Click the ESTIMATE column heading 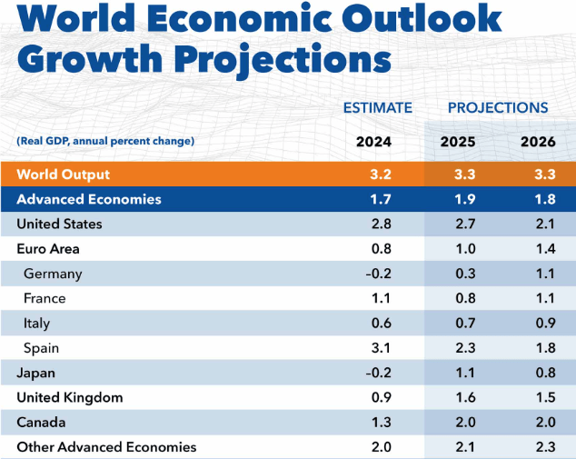click(x=377, y=108)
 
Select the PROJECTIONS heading click(x=498, y=108)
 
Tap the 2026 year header click(x=538, y=142)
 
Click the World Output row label click(x=64, y=175)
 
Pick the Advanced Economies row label click(x=89, y=199)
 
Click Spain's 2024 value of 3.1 click(x=381, y=348)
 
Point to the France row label click(x=45, y=298)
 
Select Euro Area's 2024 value click(x=381, y=249)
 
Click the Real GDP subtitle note click(x=104, y=141)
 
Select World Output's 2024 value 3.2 click(x=381, y=175)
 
